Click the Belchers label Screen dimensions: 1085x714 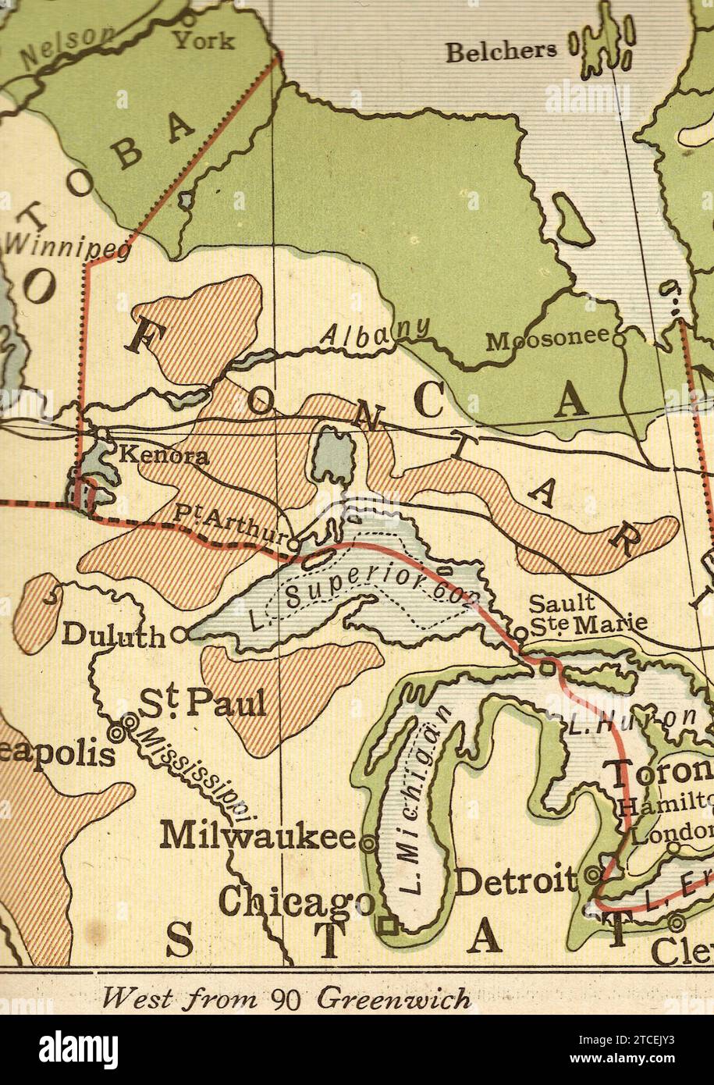pos(501,52)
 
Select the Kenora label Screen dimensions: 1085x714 pos(162,456)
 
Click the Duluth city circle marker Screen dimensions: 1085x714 pos(179,635)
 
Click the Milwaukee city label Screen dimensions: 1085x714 pos(258,836)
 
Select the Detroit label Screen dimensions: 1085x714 pos(517,882)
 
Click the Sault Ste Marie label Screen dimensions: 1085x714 pos(587,614)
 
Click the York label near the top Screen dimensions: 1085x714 pos(203,39)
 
